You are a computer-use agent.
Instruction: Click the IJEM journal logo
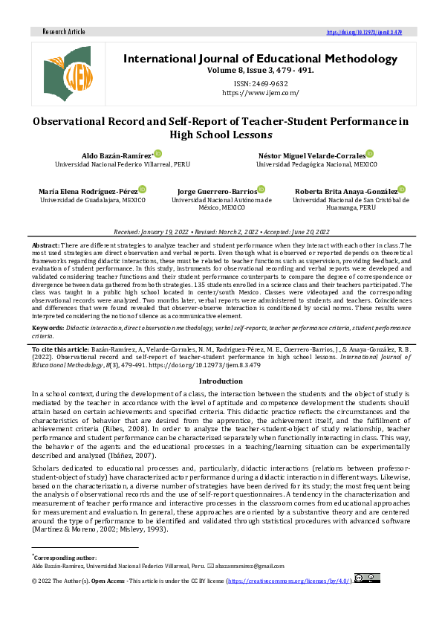[x=65, y=73]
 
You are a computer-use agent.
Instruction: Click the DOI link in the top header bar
[x=364, y=32]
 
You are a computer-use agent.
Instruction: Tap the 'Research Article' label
[x=64, y=32]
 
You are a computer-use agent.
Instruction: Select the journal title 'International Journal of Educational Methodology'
[x=260, y=58]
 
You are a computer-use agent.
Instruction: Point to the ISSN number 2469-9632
[x=260, y=83]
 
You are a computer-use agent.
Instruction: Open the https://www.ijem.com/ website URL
[x=260, y=92]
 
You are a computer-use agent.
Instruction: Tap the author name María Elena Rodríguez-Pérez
[x=88, y=191]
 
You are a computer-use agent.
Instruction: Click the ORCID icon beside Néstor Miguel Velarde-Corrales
[x=370, y=153]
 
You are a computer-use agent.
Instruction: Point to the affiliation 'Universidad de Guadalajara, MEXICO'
[x=93, y=200]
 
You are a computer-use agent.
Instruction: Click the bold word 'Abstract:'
[x=46, y=245]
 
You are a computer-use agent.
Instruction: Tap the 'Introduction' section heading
[x=221, y=381]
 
